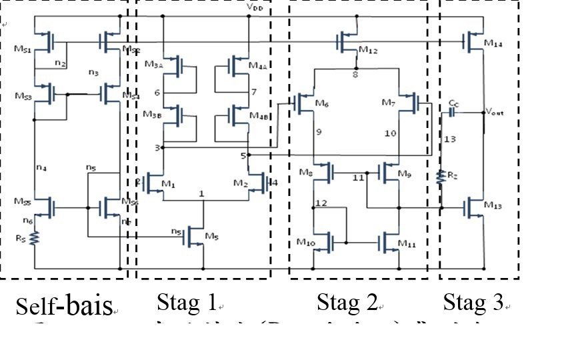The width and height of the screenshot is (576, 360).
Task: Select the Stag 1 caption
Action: tap(187, 304)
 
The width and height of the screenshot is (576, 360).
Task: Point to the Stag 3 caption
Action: tap(473, 304)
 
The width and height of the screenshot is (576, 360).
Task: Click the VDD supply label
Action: tap(254, 7)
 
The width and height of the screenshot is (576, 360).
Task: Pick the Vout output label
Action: tap(495, 111)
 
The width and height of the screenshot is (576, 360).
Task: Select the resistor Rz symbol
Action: tap(441, 177)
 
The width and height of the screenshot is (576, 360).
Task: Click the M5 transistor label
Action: tap(212, 236)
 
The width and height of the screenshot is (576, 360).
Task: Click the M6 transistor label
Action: tap(323, 103)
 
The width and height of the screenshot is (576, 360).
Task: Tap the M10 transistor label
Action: tap(305, 242)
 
